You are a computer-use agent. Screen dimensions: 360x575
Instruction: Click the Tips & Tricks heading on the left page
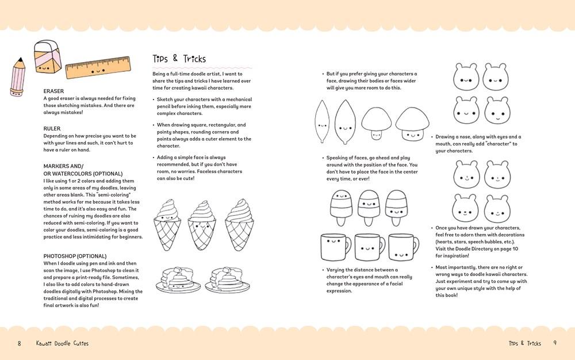coord(179,59)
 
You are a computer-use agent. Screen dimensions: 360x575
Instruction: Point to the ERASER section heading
coord(53,91)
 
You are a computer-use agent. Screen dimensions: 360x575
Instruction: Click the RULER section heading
coord(52,128)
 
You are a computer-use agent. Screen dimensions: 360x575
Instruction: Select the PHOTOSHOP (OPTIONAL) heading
coord(74,256)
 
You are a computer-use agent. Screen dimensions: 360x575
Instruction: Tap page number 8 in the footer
coord(19,343)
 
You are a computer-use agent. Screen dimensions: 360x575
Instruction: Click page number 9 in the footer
coord(555,343)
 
